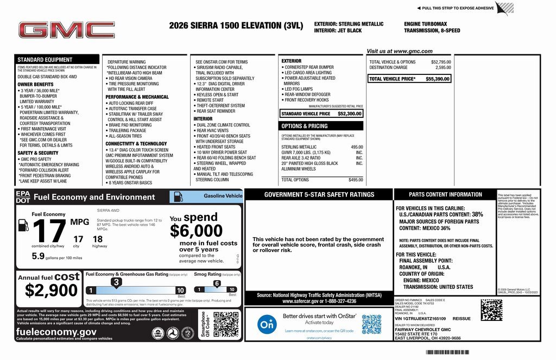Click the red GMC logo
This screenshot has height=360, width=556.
(x=67, y=30)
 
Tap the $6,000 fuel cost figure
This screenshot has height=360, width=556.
(x=196, y=231)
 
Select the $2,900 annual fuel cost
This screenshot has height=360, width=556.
(x=52, y=290)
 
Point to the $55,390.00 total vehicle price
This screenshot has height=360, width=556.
(x=437, y=79)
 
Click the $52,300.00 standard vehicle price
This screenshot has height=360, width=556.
(x=350, y=114)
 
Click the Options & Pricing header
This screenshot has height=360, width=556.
(x=304, y=126)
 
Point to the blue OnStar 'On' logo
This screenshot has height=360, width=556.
(x=266, y=324)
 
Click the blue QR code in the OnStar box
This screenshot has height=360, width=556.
(x=371, y=324)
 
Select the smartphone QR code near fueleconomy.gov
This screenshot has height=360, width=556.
(x=226, y=324)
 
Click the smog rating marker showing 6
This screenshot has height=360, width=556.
(x=217, y=283)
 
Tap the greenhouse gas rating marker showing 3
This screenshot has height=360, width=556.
(x=116, y=282)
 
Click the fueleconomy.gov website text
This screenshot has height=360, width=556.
(x=56, y=332)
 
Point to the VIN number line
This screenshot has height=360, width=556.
(x=420, y=319)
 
